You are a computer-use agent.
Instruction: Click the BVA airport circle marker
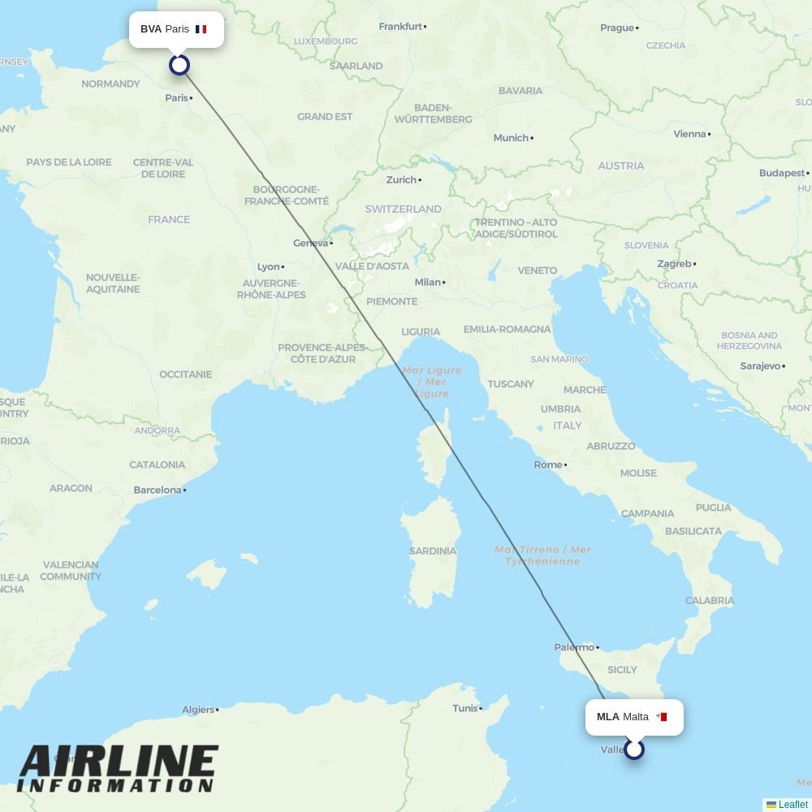(x=179, y=65)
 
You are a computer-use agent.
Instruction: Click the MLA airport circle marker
(x=634, y=749)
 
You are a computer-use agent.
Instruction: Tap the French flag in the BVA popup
(x=201, y=29)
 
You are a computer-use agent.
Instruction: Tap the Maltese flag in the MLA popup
(x=662, y=717)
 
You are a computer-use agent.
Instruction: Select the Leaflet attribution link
(x=793, y=805)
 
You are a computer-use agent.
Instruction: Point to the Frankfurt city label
(x=401, y=27)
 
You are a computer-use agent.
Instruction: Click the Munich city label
(x=511, y=138)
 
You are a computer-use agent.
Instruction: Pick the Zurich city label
(x=401, y=180)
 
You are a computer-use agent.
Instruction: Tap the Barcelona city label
(x=158, y=490)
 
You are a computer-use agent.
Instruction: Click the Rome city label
(x=548, y=465)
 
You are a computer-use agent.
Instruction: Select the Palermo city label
(x=574, y=648)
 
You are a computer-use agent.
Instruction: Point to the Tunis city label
(x=465, y=709)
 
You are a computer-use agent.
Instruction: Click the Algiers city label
(x=198, y=710)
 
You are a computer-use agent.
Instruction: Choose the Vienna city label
(x=689, y=135)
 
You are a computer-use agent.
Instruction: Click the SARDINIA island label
(x=433, y=551)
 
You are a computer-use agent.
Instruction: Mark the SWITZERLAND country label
(x=403, y=209)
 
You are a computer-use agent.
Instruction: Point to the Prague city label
(x=617, y=28)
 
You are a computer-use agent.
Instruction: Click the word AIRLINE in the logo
(x=119, y=763)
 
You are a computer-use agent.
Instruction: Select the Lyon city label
(x=268, y=267)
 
